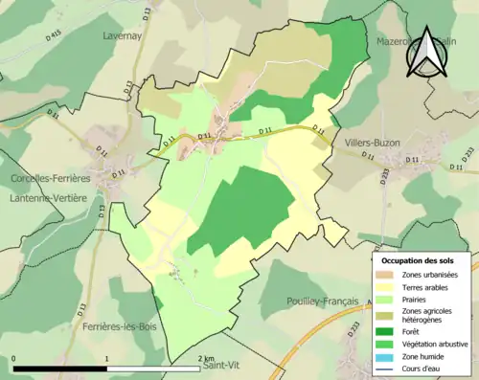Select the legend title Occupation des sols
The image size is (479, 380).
coord(418,260)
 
